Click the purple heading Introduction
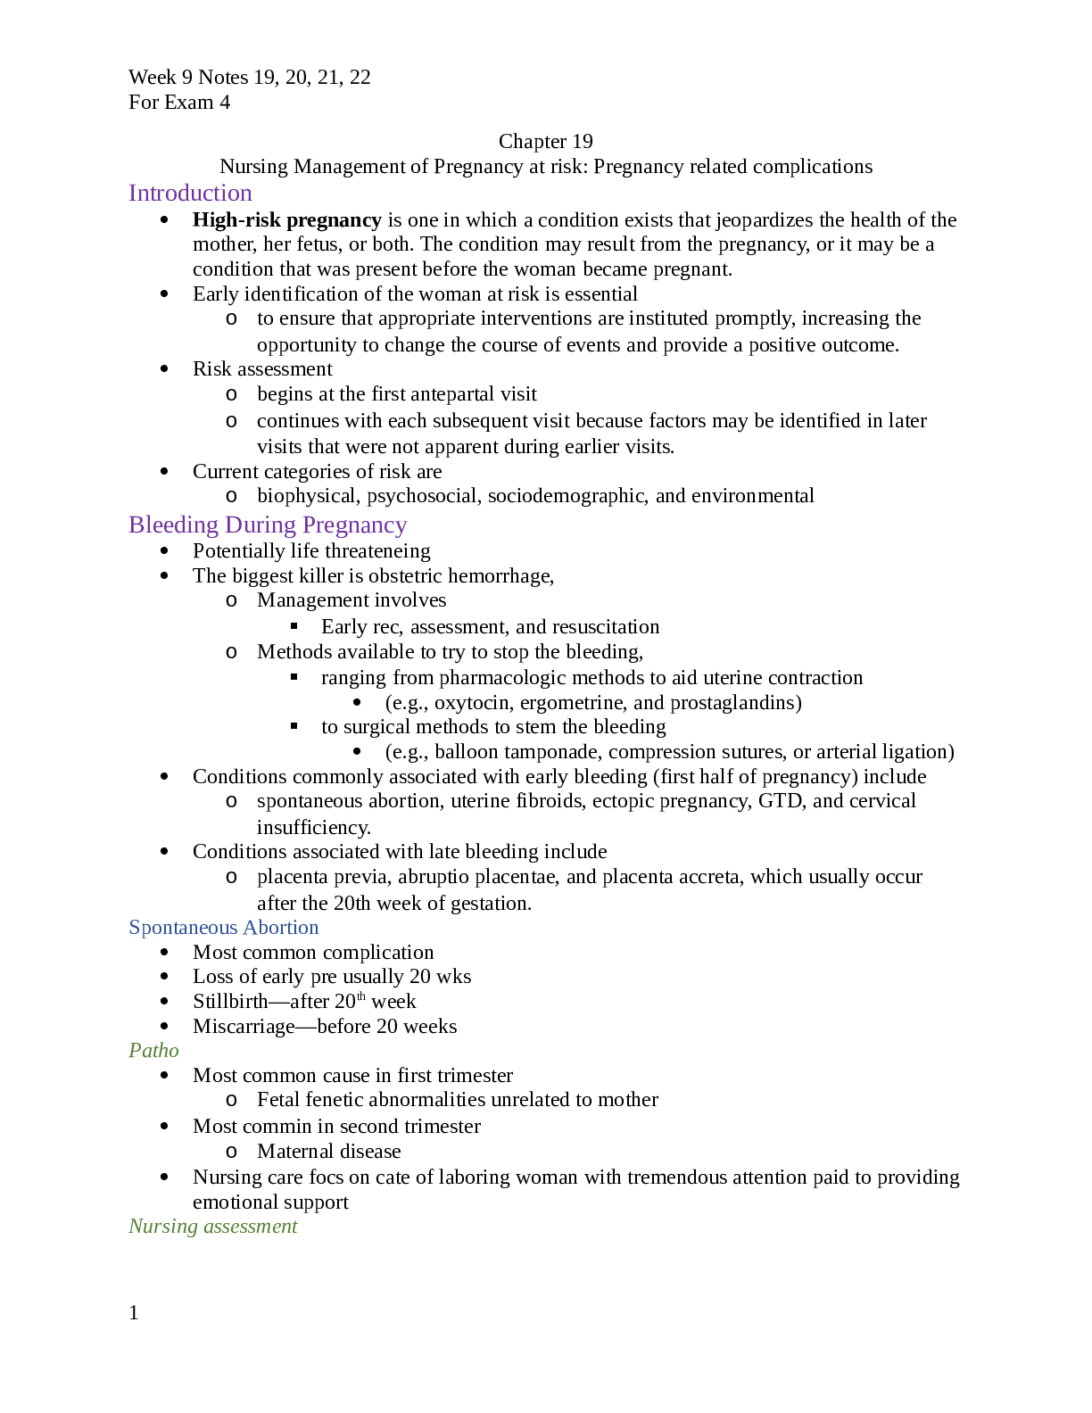tap(190, 193)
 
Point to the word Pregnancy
tap(354, 525)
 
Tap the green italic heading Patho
tap(153, 1050)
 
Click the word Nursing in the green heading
tap(163, 1227)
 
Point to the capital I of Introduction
tap(132, 193)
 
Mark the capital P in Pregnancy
tap(308, 525)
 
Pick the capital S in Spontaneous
tap(134, 928)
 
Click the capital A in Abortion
tap(249, 928)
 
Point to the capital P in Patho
tap(135, 1050)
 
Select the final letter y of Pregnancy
tap(401, 527)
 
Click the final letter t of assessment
tap(294, 1227)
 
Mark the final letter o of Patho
tap(173, 1051)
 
